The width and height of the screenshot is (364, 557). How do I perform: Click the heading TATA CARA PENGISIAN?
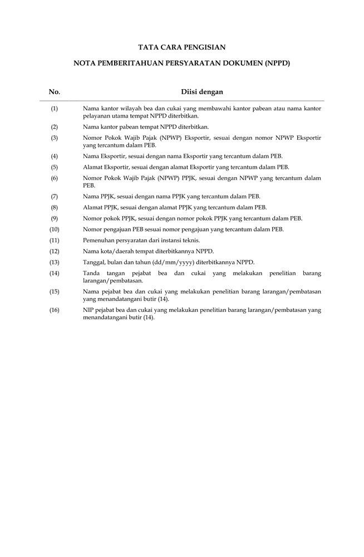tap(182, 48)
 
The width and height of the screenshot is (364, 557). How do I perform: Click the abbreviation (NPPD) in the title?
tap(274, 64)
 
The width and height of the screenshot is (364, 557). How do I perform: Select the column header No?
tap(55, 92)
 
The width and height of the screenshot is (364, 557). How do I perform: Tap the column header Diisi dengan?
tap(202, 92)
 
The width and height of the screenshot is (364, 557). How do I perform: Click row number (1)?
tap(55, 108)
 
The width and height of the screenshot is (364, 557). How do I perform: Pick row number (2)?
tap(55, 127)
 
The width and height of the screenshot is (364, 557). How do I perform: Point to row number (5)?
tap(55, 167)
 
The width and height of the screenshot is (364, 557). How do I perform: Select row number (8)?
tap(55, 207)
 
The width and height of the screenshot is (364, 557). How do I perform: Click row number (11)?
tap(55, 240)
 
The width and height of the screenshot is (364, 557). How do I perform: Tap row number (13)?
tap(55, 262)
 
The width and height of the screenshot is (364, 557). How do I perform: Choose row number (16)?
tap(55, 310)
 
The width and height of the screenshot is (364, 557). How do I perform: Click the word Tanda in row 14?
tap(91, 273)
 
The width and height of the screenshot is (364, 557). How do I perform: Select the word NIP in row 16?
tap(88, 310)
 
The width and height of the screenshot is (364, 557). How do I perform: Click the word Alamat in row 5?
tap(92, 167)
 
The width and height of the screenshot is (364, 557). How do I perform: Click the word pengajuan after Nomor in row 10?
tap(117, 229)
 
